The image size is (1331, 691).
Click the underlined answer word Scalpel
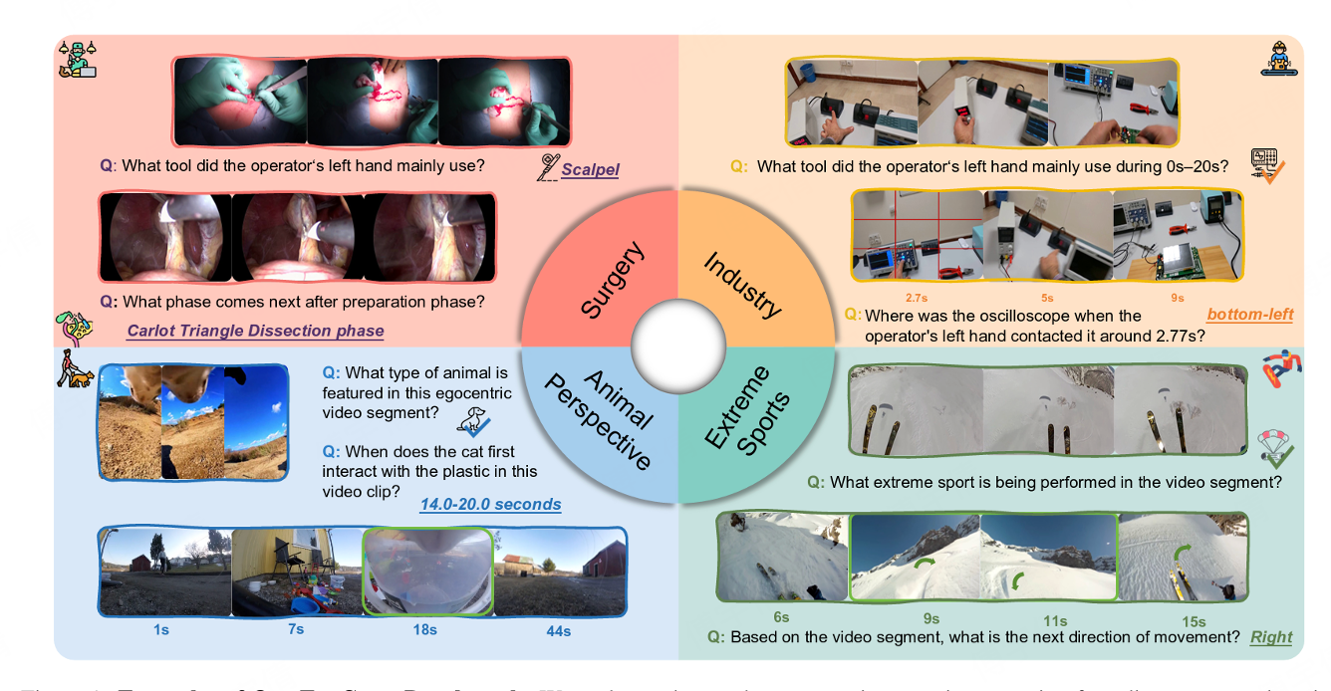(x=590, y=169)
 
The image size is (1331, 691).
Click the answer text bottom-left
(x=1249, y=315)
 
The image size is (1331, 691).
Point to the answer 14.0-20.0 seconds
(x=490, y=505)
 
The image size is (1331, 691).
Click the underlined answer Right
(x=1271, y=637)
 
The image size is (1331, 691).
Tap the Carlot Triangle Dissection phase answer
(x=255, y=331)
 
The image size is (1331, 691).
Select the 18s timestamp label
(x=425, y=630)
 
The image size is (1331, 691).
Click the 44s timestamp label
(x=559, y=630)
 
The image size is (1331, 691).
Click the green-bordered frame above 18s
(x=426, y=571)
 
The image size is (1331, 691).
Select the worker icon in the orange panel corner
(x=1274, y=60)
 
